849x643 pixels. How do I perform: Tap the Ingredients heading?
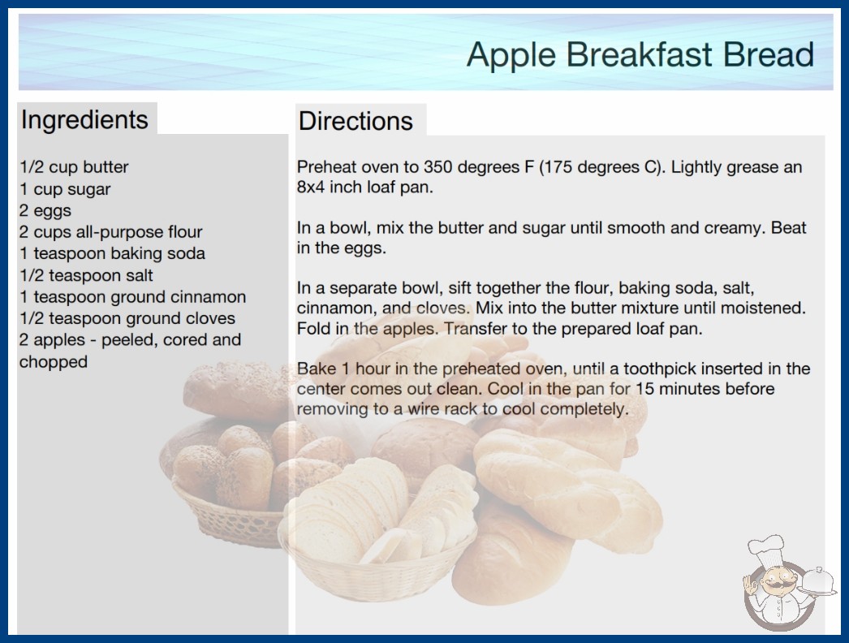[x=84, y=119]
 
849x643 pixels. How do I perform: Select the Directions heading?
[x=356, y=121]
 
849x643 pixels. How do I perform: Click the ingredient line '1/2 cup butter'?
[x=74, y=167]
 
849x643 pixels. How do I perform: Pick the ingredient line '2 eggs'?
[x=45, y=210]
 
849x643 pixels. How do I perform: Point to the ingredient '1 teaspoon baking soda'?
[x=112, y=253]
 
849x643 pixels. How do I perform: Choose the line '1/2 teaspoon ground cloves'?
[x=127, y=318]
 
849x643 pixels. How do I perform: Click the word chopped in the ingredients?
[x=54, y=361]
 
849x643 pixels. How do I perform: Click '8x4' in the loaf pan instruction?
[x=311, y=187]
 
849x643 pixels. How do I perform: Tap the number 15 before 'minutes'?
[x=644, y=388]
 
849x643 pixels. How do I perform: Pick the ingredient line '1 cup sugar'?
[x=65, y=189]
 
